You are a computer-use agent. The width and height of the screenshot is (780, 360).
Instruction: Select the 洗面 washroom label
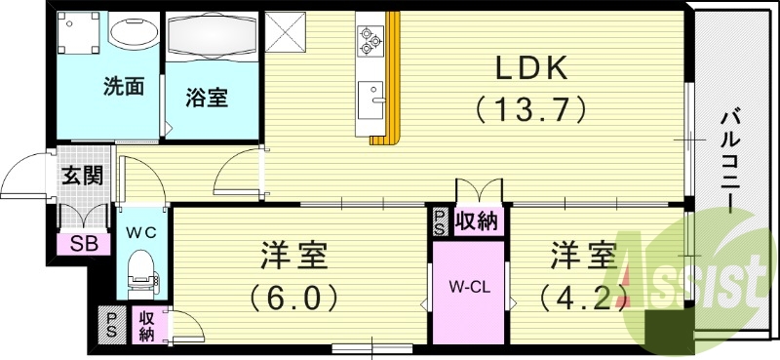pos(124,87)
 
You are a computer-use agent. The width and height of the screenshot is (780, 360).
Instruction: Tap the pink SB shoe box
pos(75,244)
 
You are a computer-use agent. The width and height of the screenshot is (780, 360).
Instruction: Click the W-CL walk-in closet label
pos(468,287)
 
